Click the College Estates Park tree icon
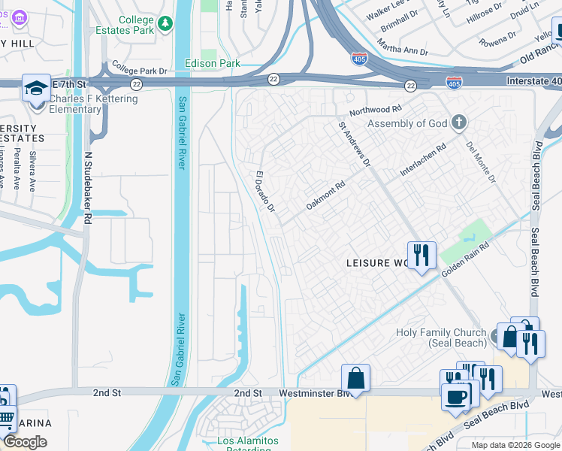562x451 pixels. (x=165, y=26)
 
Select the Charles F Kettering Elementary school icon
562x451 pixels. (x=35, y=89)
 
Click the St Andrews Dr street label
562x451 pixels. (x=354, y=144)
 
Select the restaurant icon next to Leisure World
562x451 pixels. (x=421, y=256)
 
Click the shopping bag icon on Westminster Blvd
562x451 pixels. (x=355, y=377)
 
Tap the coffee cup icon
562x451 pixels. (x=456, y=396)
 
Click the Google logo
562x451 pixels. (x=25, y=442)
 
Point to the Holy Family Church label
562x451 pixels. (x=443, y=337)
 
